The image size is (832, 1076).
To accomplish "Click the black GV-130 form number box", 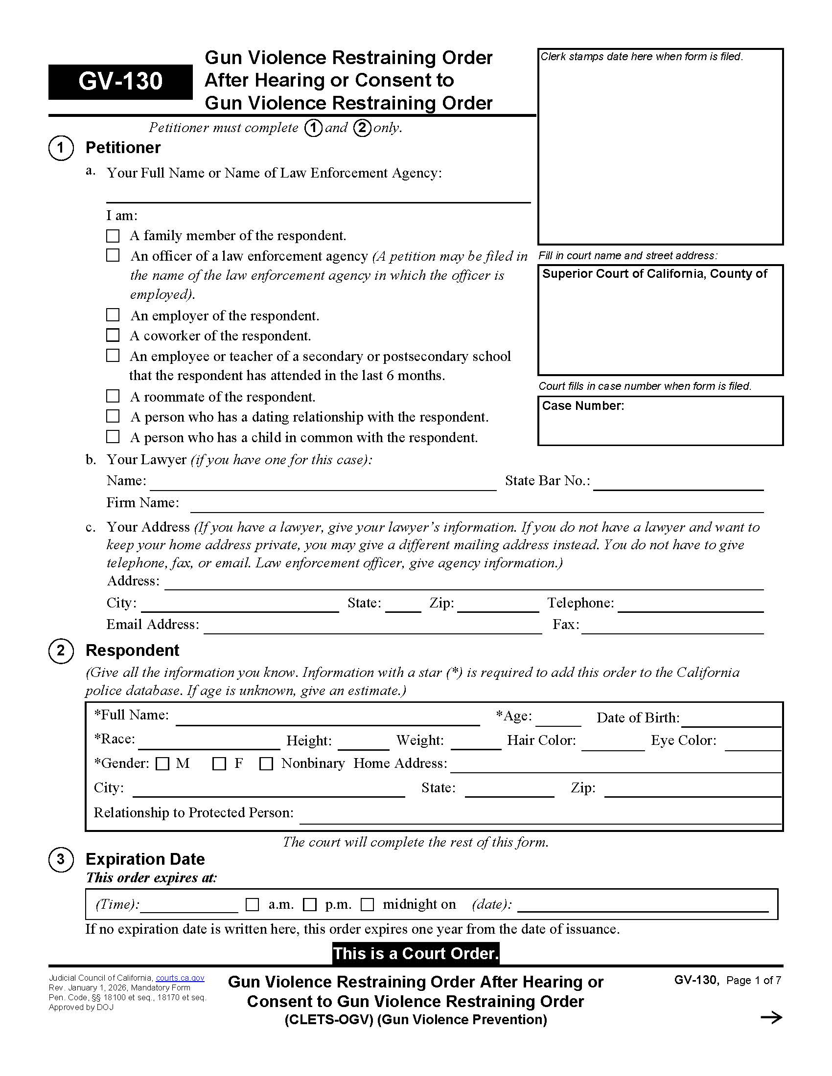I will click(120, 82).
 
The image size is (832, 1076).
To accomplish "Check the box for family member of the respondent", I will click(113, 236).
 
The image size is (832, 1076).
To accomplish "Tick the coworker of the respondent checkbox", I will click(113, 336).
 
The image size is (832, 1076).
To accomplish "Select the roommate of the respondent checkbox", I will click(113, 396).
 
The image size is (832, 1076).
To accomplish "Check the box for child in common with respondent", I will click(113, 436).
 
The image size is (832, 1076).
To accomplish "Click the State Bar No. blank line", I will click(678, 485).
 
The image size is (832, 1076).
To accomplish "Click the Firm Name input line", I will click(476, 507).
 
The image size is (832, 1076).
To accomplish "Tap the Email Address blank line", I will click(372, 628).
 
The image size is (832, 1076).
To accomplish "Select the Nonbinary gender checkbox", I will click(266, 763).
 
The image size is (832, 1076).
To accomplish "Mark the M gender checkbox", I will click(162, 763).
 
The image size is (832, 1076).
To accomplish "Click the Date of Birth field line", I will click(732, 721).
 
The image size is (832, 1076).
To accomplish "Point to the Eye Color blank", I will click(753, 745).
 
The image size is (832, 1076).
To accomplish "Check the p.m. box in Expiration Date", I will click(309, 904).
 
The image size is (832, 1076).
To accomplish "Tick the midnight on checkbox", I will click(367, 904).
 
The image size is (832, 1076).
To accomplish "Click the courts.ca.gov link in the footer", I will click(180, 978).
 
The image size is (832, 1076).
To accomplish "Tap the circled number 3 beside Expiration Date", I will click(61, 859).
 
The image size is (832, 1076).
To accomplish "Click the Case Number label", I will click(582, 405).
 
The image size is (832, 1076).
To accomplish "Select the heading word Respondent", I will click(132, 650).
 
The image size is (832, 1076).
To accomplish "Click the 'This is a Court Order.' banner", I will click(416, 953).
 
